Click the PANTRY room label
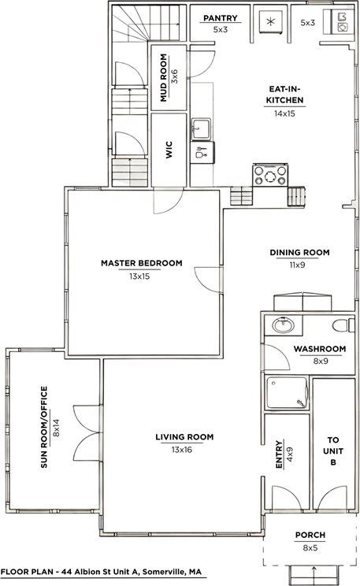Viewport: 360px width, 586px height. pyautogui.click(x=221, y=17)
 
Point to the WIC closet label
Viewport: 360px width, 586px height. pyautogui.click(x=169, y=150)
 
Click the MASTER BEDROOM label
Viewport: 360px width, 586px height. pyautogui.click(x=141, y=263)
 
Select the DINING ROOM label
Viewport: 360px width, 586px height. pyautogui.click(x=299, y=253)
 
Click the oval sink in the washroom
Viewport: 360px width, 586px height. pyautogui.click(x=281, y=325)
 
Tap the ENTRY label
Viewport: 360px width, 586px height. pyautogui.click(x=279, y=454)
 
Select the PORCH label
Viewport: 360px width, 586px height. pyautogui.click(x=310, y=535)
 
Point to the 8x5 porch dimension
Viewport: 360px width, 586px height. pyautogui.click(x=310, y=547)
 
